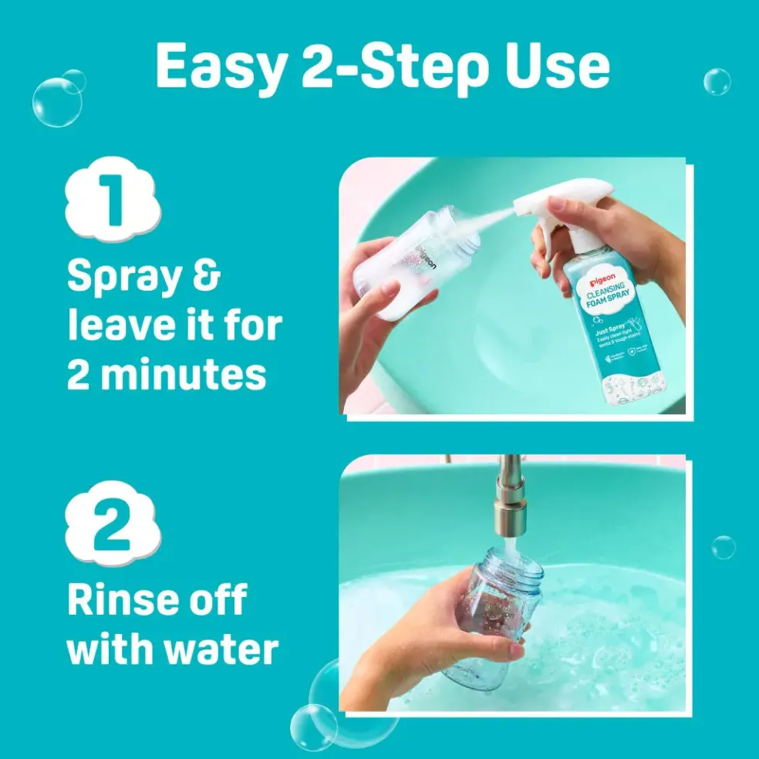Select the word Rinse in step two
coord(126,600)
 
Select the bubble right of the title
coord(717,81)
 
